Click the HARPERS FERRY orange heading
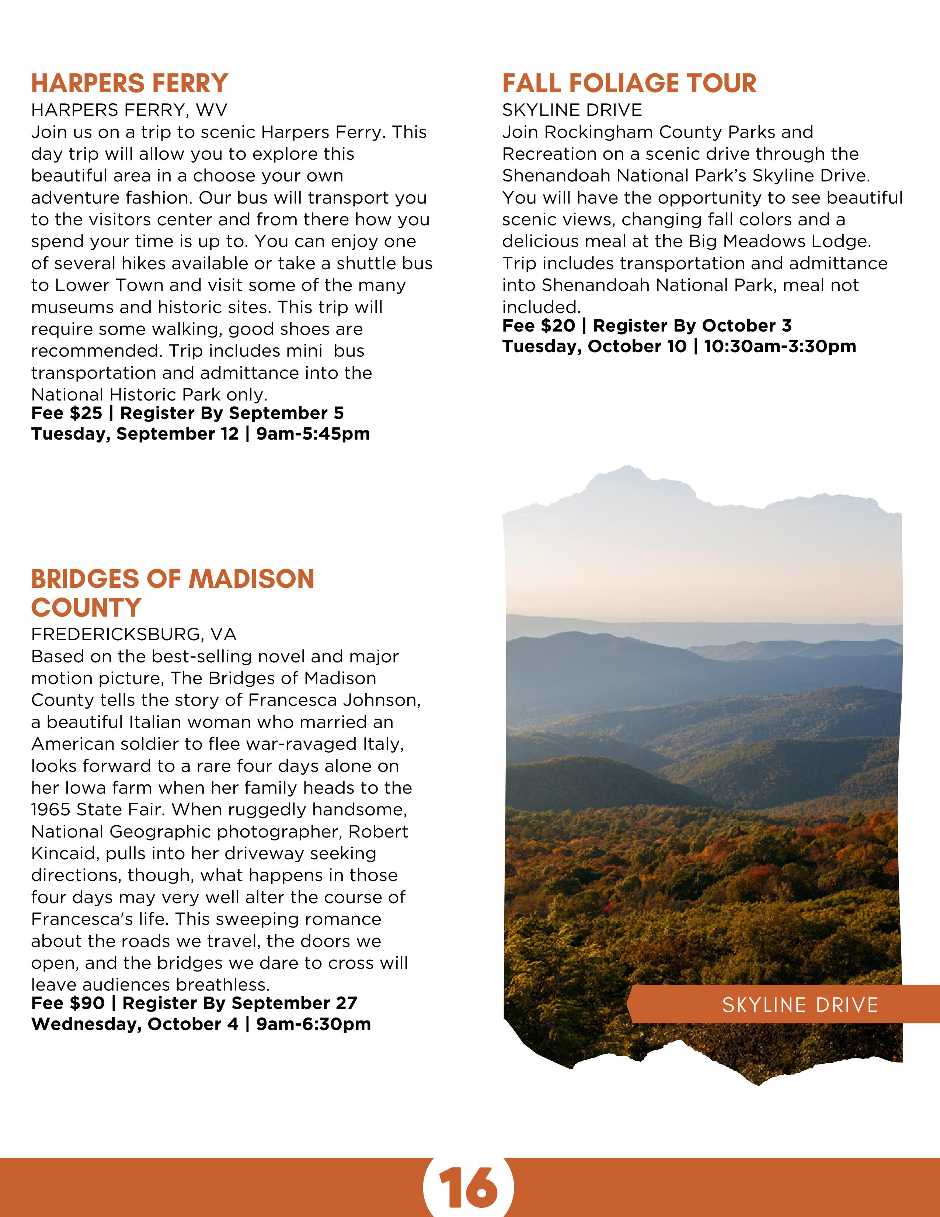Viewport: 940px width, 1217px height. click(x=129, y=84)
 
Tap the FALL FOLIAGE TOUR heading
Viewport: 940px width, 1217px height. click(x=629, y=84)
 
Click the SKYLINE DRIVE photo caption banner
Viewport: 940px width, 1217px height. click(x=800, y=1005)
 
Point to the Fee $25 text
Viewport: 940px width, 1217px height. click(x=67, y=413)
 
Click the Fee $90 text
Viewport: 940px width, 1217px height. click(x=68, y=1003)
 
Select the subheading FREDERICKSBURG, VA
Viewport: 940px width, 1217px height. click(x=134, y=634)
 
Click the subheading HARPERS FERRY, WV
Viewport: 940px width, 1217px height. click(x=129, y=110)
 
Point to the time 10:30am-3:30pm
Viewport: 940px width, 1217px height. click(x=780, y=347)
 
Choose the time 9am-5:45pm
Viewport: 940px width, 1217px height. click(x=313, y=434)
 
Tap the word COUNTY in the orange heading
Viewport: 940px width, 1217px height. click(x=86, y=607)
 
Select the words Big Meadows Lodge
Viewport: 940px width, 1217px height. click(x=779, y=241)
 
